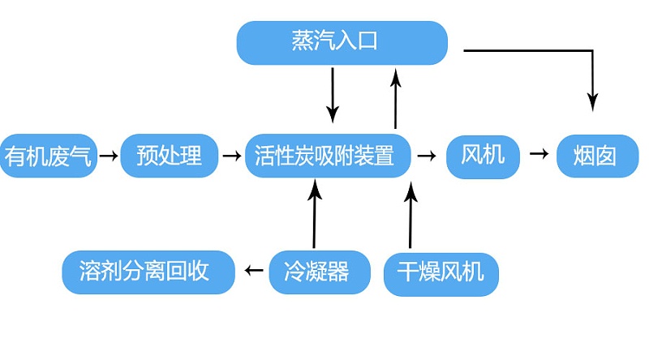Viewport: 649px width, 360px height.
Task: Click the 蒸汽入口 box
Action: pyautogui.click(x=342, y=43)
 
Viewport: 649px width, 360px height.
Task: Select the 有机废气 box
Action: pyautogui.click(x=49, y=155)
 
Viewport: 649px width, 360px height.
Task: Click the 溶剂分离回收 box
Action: pyautogui.click(x=148, y=272)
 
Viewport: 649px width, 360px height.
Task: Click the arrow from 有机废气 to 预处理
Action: pyautogui.click(x=108, y=154)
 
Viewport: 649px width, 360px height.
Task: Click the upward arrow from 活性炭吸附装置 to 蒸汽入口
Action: pyautogui.click(x=396, y=97)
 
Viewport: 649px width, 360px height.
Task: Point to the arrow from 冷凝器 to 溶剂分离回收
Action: pyautogui.click(x=254, y=271)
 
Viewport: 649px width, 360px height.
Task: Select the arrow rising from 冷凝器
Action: pyautogui.click(x=314, y=215)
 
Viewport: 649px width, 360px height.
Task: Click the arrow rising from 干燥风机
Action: pyautogui.click(x=410, y=215)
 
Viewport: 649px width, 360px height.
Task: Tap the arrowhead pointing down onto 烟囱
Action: pyautogui.click(x=593, y=101)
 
